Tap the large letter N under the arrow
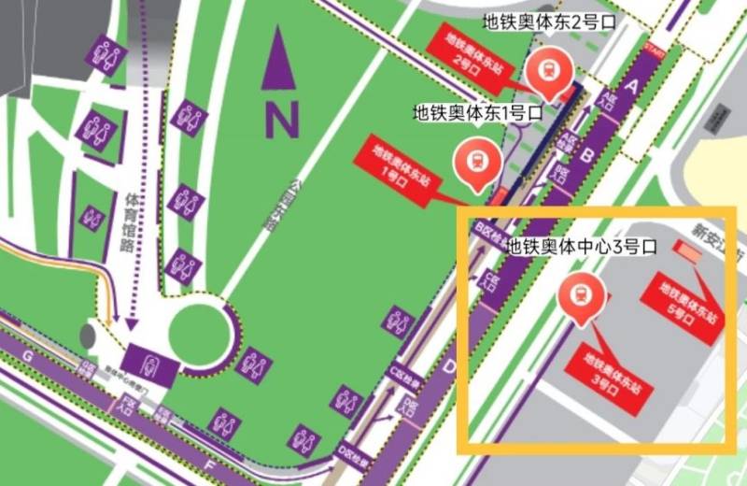[281, 119]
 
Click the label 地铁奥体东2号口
[550, 20]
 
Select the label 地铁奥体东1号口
[478, 112]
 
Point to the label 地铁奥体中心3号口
[582, 248]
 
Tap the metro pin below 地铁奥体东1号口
[473, 160]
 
